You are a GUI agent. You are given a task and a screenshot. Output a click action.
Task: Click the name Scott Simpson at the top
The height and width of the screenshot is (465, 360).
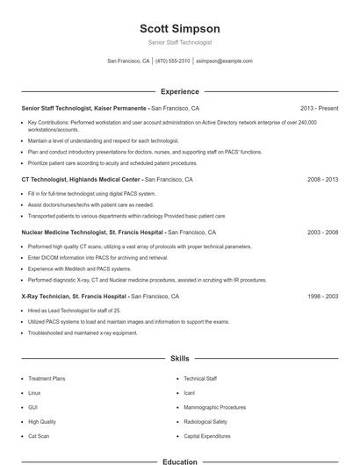(180, 28)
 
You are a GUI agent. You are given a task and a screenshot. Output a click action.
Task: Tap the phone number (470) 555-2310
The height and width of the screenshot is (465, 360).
(173, 61)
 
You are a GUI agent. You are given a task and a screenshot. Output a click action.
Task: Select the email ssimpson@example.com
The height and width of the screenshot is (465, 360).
(224, 61)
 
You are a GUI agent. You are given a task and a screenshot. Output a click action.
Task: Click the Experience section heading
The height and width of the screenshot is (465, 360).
(180, 91)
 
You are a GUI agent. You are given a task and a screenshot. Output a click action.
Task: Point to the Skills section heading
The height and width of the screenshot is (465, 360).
(180, 359)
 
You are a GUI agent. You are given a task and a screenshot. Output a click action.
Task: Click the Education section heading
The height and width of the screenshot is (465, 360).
(180, 461)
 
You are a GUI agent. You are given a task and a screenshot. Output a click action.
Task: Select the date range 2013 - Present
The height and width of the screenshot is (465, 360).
(319, 108)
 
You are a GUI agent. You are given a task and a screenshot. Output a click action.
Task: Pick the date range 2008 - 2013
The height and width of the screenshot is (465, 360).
(322, 179)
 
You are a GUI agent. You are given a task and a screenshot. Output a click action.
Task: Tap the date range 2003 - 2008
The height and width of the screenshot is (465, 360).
(322, 232)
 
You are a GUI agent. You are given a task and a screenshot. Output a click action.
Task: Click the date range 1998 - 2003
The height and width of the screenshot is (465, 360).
(322, 297)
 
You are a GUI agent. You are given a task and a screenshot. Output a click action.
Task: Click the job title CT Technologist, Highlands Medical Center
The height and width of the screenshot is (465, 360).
(81, 179)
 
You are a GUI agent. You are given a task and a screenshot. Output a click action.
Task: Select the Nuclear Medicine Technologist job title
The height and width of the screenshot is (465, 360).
(92, 232)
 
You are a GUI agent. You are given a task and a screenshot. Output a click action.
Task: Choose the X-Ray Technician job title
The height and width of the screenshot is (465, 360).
(74, 297)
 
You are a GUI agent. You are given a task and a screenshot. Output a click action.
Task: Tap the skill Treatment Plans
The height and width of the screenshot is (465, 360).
(47, 378)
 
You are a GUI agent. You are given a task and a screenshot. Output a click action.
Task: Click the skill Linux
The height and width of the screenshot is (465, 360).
(34, 392)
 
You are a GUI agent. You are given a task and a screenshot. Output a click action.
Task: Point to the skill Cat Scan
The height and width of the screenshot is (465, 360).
(39, 435)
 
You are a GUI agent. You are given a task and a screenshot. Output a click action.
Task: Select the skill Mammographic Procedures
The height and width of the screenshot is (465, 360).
(214, 407)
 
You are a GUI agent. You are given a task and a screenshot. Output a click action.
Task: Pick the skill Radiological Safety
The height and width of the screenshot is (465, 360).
(205, 421)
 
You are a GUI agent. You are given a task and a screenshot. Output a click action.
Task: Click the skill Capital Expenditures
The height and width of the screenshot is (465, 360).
(208, 435)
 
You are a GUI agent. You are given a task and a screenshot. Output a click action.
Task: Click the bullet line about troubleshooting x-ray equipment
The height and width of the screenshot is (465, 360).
(83, 333)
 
